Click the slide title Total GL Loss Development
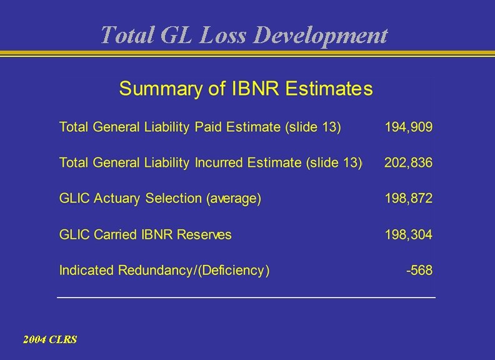(244, 35)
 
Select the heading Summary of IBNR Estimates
(246, 89)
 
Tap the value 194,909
(408, 127)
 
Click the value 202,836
(408, 163)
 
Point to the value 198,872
(408, 199)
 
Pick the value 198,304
(408, 235)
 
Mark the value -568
(419, 271)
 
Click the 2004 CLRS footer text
(50, 339)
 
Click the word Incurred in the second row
(219, 163)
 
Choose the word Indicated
(86, 271)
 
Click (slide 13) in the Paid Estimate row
(312, 127)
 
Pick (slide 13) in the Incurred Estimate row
(334, 163)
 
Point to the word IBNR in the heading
(257, 89)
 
